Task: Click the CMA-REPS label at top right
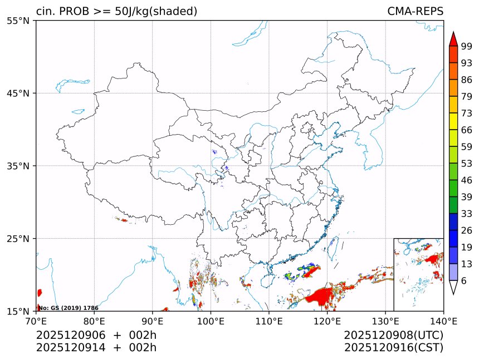pyautogui.click(x=415, y=12)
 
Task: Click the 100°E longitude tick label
pyautogui.click(x=211, y=321)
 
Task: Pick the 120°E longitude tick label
pyautogui.click(x=327, y=321)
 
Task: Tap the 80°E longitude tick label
pyautogui.click(x=94, y=321)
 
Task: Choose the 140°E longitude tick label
pyautogui.click(x=443, y=321)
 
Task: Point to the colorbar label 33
pyautogui.click(x=467, y=214)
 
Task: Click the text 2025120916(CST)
pyautogui.click(x=393, y=348)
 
